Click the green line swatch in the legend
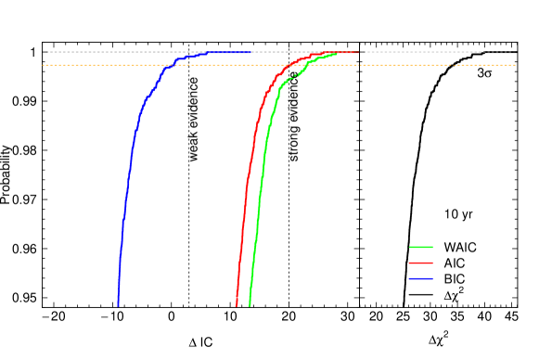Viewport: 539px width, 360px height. (x=420, y=247)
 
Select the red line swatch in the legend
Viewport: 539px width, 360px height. (x=420, y=263)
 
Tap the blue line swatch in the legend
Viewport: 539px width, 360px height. (x=420, y=278)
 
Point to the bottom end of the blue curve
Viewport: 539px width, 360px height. (x=118, y=303)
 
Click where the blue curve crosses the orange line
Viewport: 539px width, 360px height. (x=168, y=66)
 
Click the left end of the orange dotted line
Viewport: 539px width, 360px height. (x=44, y=66)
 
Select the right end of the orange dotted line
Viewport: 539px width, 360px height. (x=514, y=66)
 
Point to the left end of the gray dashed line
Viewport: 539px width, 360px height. (x=48, y=52)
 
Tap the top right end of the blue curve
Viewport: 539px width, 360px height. (x=251, y=52)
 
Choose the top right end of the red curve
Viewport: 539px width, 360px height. (x=357, y=52)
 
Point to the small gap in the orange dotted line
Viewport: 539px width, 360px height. (x=452, y=66)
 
